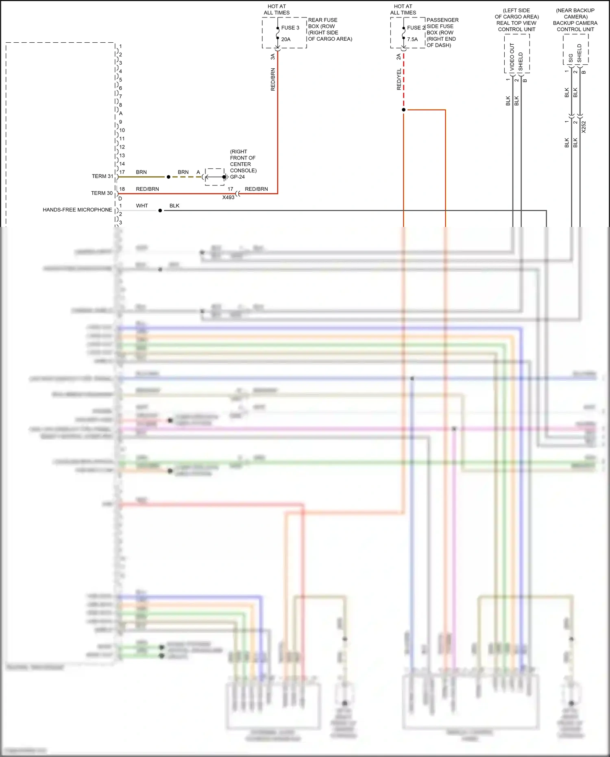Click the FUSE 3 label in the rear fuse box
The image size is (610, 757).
pyautogui.click(x=290, y=28)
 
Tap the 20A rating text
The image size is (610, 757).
pyautogui.click(x=286, y=39)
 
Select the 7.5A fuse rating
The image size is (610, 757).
pyautogui.click(x=412, y=39)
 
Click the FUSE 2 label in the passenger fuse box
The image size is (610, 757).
pyautogui.click(x=416, y=28)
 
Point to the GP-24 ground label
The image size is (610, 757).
pyautogui.click(x=237, y=177)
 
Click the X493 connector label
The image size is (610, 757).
pyautogui.click(x=228, y=197)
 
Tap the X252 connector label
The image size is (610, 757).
pyautogui.click(x=584, y=127)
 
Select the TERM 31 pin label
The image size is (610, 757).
pyautogui.click(x=102, y=176)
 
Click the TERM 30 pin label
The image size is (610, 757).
pyautogui.click(x=102, y=193)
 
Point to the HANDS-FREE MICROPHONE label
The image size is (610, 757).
pyautogui.click(x=77, y=210)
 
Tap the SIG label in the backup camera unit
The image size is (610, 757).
pyautogui.click(x=571, y=58)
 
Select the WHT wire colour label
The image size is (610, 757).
pyautogui.click(x=142, y=206)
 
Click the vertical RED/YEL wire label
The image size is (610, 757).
pyautogui.click(x=399, y=79)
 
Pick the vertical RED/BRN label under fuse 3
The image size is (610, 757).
pyautogui.click(x=273, y=79)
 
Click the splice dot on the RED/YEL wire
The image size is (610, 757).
pyautogui.click(x=403, y=110)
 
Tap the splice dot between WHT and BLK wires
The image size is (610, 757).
pyautogui.click(x=160, y=211)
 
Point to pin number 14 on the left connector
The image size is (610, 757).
pyautogui.click(x=122, y=164)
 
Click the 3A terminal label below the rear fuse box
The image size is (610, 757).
pyautogui.click(x=273, y=57)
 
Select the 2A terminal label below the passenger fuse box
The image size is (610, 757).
pyautogui.click(x=399, y=57)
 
